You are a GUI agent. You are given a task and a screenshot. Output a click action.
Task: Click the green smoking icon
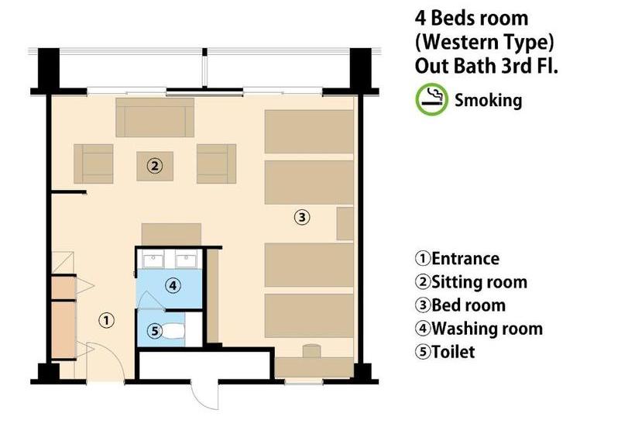coord(431,99)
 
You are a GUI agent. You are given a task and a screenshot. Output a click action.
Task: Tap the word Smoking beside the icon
coord(488,100)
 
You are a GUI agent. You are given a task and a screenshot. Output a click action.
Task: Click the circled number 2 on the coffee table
coord(154,166)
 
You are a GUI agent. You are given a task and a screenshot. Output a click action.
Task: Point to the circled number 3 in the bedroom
coord(302,217)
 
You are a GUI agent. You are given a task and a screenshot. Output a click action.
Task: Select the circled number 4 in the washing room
coord(173,286)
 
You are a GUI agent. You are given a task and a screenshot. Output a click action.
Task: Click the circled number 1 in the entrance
coord(106,321)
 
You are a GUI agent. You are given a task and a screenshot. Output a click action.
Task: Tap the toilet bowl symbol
coord(173,332)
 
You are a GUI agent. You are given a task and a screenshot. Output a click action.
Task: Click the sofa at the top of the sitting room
coord(155,118)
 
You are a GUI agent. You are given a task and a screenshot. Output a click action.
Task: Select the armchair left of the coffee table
coord(93,164)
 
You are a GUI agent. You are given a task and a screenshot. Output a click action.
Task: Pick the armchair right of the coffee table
coord(216,164)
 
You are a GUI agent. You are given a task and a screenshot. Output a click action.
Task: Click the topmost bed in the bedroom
coord(309,132)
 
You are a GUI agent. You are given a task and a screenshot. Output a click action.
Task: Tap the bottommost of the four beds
coord(309,315)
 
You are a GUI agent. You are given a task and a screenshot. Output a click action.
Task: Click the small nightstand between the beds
coord(345,224)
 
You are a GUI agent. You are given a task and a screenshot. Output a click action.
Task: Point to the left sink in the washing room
coord(153,260)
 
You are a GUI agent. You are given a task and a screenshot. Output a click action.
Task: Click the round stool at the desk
coord(311,351)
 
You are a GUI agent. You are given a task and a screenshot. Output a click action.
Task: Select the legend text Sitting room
coord(479,282)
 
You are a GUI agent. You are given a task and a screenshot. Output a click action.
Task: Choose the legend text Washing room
coord(487,329)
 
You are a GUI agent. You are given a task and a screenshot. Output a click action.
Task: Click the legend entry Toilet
coord(453,352)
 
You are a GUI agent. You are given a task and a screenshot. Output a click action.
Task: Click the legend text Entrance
coord(465,259)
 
